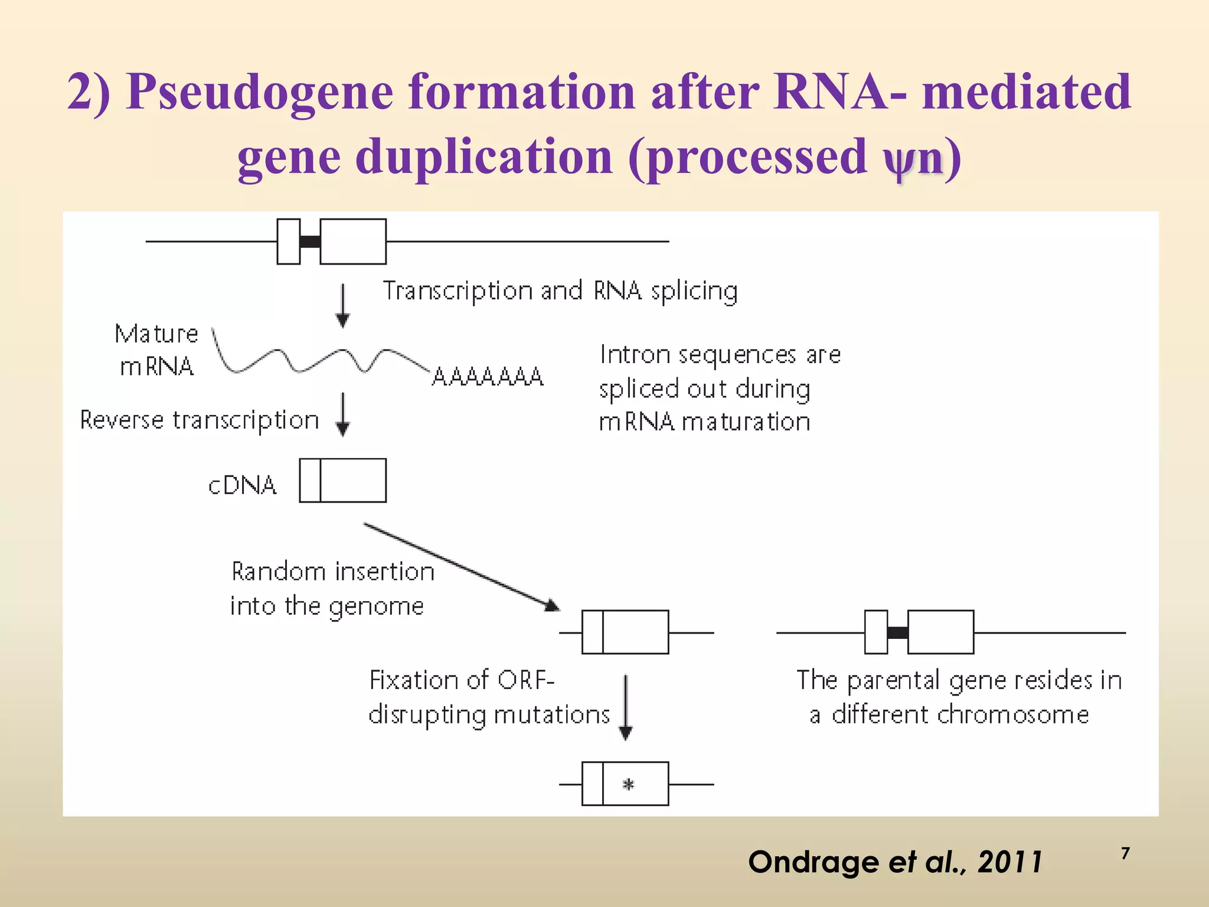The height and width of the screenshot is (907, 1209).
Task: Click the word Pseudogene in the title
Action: pos(260,93)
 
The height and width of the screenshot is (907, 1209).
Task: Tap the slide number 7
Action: pos(1125,854)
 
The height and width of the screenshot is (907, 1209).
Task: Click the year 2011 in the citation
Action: pos(1010,862)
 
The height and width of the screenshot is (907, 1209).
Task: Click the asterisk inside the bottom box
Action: pos(628,785)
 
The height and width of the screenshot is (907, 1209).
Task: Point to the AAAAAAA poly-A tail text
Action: pos(488,377)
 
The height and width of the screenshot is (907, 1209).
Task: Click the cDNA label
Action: pos(242,485)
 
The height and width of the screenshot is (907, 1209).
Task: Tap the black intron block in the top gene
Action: pos(310,242)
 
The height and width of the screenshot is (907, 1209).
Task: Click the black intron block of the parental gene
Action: pos(897,633)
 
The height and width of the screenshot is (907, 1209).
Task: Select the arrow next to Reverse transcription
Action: pos(343,415)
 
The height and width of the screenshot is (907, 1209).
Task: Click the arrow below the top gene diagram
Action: pos(343,305)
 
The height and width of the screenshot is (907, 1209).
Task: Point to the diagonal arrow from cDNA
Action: pos(460,566)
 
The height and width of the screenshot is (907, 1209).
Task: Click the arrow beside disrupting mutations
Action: pos(626,707)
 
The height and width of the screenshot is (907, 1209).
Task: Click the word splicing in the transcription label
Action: pos(694,291)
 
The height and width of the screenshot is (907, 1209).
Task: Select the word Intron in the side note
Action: pos(635,355)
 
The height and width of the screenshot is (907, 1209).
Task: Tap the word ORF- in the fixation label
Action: pos(525,680)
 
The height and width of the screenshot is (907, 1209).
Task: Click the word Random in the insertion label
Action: pos(278,572)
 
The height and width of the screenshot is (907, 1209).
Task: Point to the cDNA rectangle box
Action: pos(343,481)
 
